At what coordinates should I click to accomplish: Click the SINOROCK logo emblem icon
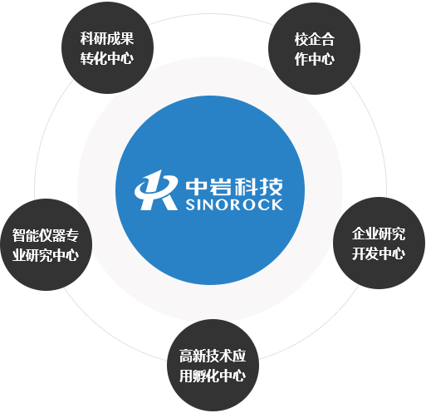click(156, 190)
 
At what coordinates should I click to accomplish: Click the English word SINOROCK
click(234, 204)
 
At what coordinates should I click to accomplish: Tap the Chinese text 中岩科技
click(234, 186)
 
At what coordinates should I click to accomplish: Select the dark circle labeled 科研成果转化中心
click(107, 47)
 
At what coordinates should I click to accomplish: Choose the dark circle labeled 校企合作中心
click(314, 48)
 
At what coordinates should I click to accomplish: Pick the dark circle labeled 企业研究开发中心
click(379, 243)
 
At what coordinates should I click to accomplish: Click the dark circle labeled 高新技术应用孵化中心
click(213, 366)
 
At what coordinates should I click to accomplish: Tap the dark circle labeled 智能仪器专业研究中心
click(46, 244)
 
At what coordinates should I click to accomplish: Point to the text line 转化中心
click(107, 58)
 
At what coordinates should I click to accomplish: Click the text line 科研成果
click(107, 38)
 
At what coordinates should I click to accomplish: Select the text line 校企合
click(315, 39)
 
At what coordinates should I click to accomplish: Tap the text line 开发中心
click(379, 253)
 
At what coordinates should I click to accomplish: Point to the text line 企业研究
click(379, 234)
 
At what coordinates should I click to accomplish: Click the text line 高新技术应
click(213, 356)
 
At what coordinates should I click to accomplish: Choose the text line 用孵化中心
click(213, 376)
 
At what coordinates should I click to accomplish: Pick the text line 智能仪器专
click(46, 235)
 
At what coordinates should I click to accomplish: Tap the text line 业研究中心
click(46, 255)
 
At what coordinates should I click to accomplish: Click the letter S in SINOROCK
click(190, 205)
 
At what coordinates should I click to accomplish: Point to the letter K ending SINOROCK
click(277, 204)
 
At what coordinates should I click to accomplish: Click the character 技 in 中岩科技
click(272, 186)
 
